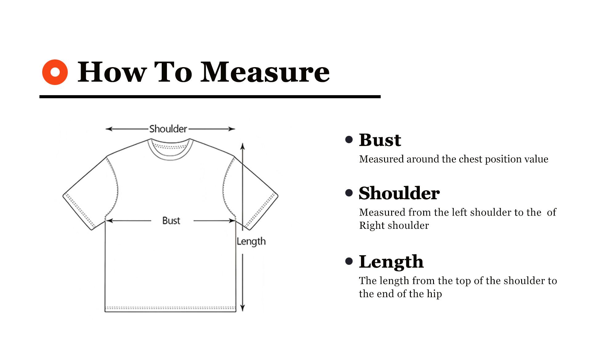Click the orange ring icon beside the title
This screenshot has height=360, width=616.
(x=55, y=72)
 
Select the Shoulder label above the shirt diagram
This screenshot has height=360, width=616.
(x=168, y=129)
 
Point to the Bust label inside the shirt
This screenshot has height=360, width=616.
(x=171, y=220)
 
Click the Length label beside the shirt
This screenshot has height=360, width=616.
(x=251, y=241)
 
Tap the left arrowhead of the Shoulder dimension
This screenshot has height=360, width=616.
(x=109, y=129)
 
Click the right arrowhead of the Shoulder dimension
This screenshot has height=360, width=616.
(x=232, y=129)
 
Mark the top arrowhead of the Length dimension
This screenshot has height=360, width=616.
(x=243, y=146)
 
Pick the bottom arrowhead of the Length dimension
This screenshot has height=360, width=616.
(x=243, y=308)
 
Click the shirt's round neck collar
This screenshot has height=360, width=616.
(x=170, y=149)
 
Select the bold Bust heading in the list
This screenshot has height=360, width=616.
(x=380, y=140)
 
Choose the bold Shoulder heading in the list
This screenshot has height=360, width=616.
(x=399, y=193)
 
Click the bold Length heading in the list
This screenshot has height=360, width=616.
(x=391, y=262)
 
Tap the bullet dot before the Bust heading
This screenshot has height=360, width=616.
(x=349, y=140)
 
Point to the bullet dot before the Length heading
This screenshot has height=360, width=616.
(x=349, y=261)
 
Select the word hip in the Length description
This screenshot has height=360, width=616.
(x=434, y=294)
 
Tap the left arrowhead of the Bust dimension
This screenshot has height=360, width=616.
(x=110, y=220)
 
